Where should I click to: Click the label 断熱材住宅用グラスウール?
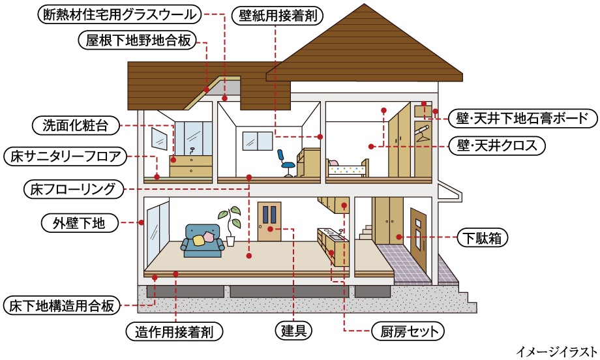120,14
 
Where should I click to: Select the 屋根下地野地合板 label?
138,40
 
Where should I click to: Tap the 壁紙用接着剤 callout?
278,16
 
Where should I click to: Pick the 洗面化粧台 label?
76,125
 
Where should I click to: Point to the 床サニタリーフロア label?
65,157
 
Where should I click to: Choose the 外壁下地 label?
80,222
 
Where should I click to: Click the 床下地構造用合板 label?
61,305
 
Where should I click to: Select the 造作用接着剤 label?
174,332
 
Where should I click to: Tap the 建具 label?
294,330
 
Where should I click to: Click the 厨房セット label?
408,331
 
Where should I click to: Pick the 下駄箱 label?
483,237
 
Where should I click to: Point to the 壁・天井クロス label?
497,145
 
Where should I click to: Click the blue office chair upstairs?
286,163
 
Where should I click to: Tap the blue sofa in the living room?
202,241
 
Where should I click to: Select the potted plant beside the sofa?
230,226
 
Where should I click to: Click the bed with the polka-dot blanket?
348,168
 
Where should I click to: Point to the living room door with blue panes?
269,222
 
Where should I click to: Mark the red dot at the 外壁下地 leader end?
142,222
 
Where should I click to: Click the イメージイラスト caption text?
556,351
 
